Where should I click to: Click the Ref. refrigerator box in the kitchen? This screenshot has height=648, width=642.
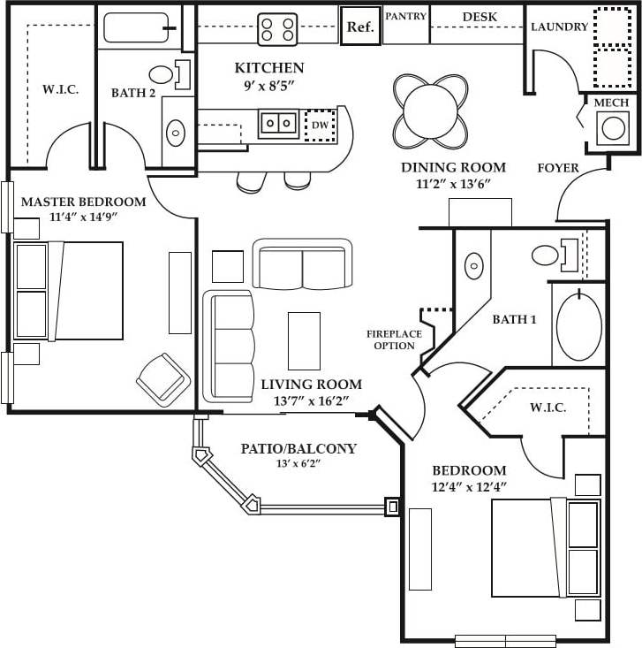pos(360,27)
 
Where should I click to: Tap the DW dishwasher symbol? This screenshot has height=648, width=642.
pos(319,126)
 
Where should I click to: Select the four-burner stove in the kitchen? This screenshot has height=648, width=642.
pos(277,28)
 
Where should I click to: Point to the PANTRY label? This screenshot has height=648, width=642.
pos(406,16)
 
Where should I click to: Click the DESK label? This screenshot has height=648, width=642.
pos(480,16)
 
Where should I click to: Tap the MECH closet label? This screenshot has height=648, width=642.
pos(611,103)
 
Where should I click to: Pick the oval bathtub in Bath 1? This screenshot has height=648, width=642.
pos(579,326)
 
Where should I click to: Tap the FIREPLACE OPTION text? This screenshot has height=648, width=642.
pos(394,339)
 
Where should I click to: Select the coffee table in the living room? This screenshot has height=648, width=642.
pos(305,340)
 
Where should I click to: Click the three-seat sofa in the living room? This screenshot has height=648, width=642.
pos(229,346)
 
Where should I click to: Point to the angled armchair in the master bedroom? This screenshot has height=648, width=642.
pos(162,379)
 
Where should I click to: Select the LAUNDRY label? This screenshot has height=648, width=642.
pos(559,27)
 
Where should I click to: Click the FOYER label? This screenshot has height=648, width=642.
pos(558,167)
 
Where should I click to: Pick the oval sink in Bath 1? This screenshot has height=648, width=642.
pos(475,265)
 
